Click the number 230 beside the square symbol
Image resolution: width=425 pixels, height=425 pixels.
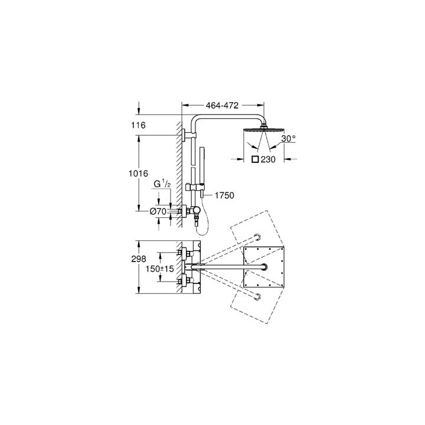tap(269, 159)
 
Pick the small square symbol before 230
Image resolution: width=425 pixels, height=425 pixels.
tap(255, 159)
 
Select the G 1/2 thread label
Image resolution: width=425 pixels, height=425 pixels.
tap(162, 185)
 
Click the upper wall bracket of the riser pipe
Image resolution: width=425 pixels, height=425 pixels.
tap(187, 135)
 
